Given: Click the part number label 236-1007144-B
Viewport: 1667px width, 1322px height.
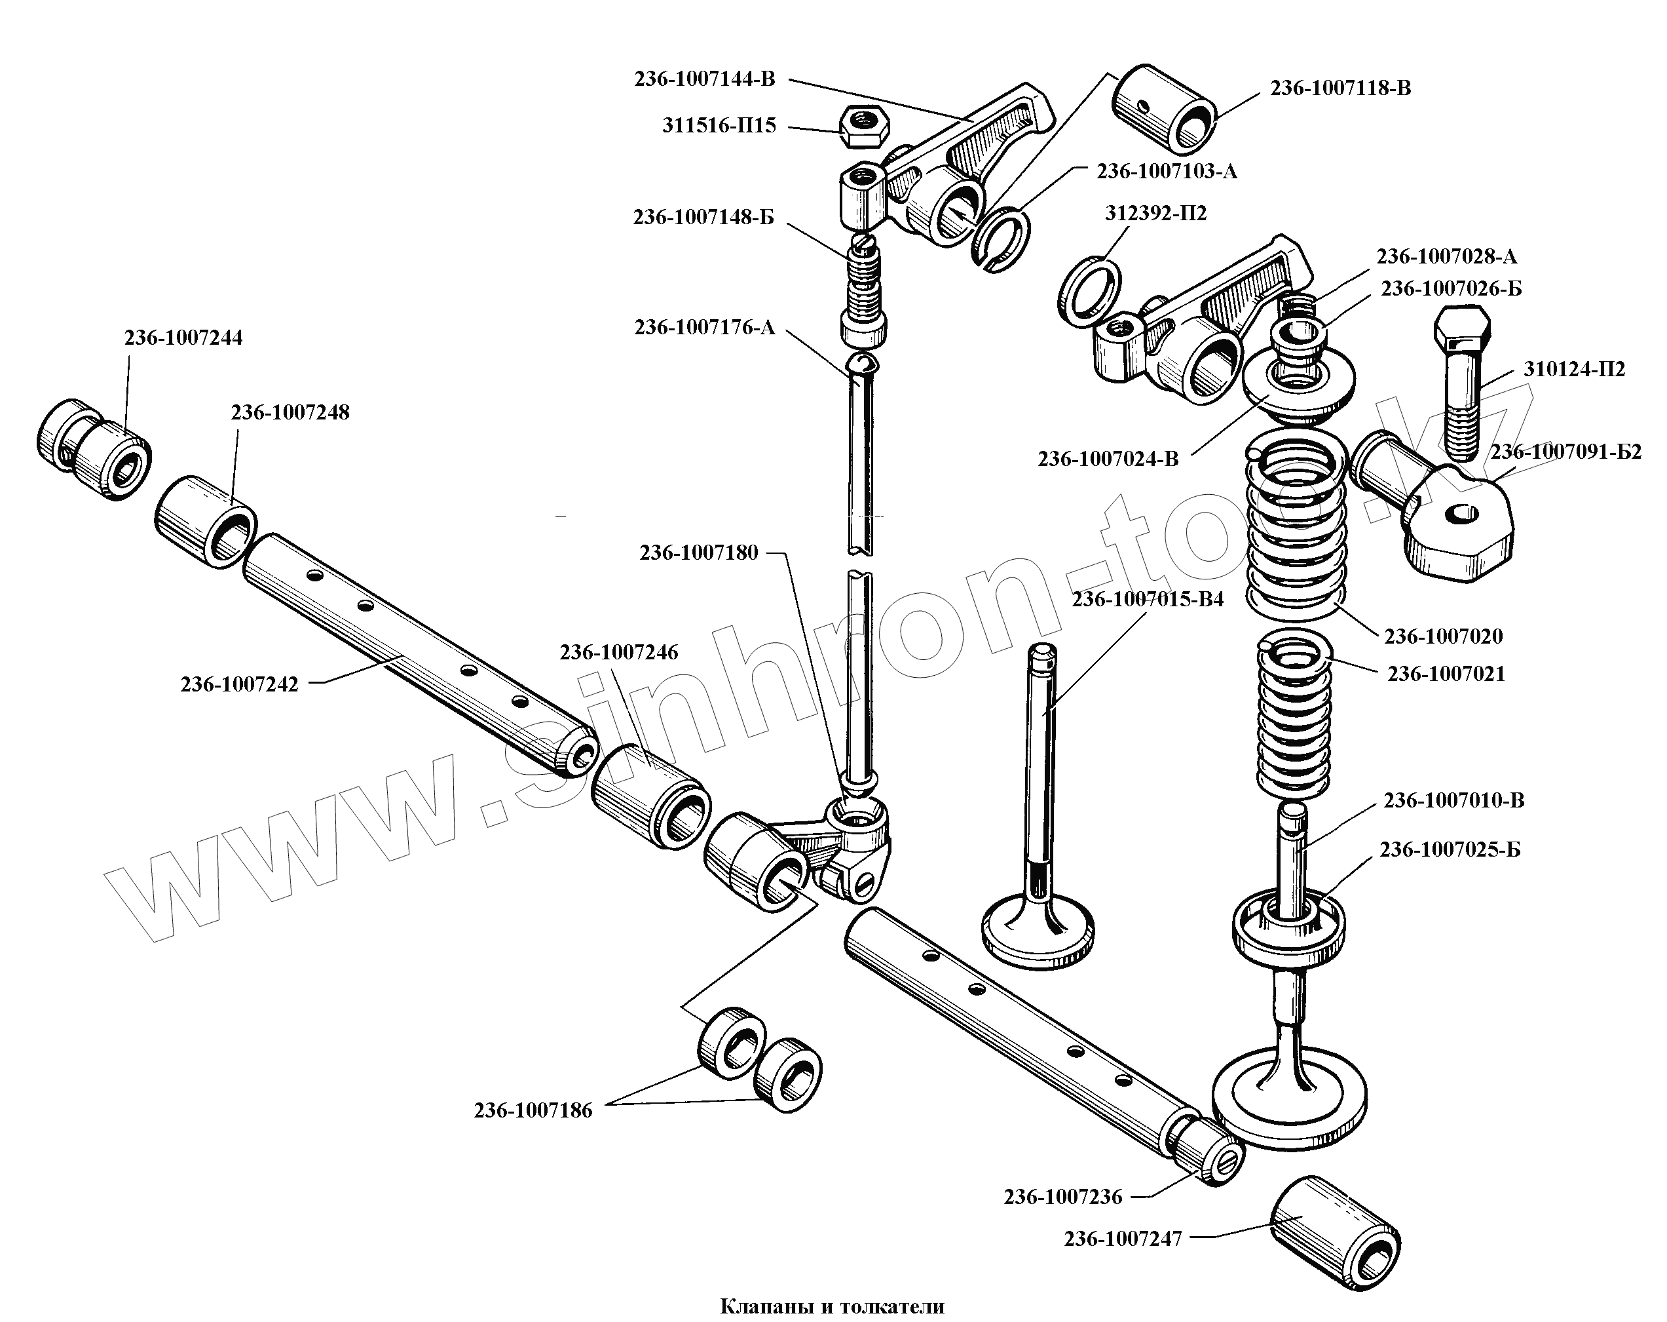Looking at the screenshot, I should coord(704,79).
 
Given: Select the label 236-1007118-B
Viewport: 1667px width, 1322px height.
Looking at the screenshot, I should coord(1340,88).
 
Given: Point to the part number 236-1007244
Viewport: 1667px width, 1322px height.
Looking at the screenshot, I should coord(183,338).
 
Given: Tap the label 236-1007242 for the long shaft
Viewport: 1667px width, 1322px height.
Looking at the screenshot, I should coord(239,684).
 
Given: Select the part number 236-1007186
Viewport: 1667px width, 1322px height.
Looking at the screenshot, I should coord(533,1110).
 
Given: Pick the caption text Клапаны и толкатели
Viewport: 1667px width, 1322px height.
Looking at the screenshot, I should coord(832,1306).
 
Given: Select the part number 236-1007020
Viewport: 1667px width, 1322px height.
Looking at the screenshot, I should coord(1443,636).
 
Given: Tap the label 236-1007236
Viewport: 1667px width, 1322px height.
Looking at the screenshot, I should coord(1062,1197).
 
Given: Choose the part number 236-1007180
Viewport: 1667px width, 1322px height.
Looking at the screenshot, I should coord(698,553).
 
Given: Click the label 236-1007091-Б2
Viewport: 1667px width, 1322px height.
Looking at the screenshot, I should coord(1565,452).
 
